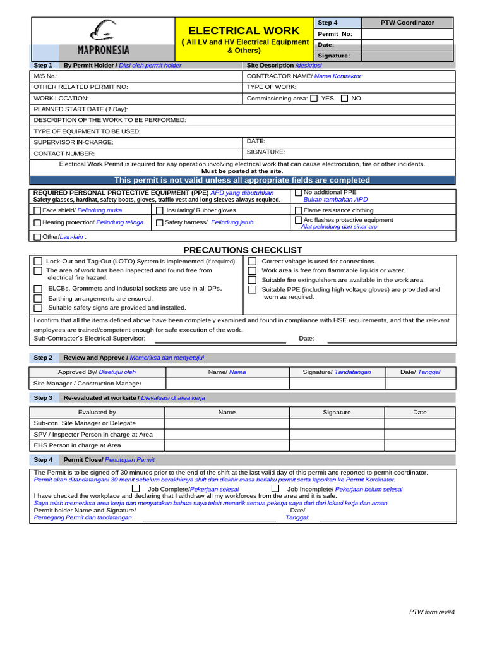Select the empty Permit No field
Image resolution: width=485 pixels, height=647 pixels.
tap(407, 33)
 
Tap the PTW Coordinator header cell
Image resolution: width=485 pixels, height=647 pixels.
tap(407, 22)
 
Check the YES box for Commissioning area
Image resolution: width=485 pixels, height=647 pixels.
tap(314, 99)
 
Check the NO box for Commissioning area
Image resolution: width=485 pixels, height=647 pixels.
tap(344, 99)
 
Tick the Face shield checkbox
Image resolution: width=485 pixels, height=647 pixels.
tap(37, 210)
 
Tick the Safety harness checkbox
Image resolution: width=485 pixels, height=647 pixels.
tap(160, 222)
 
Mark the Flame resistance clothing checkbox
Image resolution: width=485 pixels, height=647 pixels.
tap(299, 210)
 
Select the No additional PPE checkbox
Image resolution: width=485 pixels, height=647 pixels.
tap(299, 193)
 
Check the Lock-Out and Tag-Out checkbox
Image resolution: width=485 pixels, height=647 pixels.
tap(38, 261)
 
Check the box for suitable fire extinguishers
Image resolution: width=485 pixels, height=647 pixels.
tap(252, 280)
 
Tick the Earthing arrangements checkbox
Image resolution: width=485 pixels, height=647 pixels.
tap(38, 298)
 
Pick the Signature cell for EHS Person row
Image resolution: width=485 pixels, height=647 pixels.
tap(337, 445)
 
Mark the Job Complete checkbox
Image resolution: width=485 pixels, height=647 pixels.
tap(136, 488)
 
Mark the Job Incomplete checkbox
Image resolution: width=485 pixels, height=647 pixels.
tap(275, 488)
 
